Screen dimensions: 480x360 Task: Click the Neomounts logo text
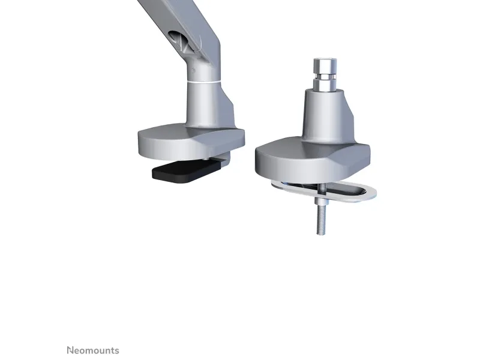(x=93, y=350)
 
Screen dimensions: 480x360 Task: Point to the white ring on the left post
(x=203, y=82)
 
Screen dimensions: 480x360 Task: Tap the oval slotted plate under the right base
(x=324, y=191)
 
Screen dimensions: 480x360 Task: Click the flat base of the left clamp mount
(x=191, y=142)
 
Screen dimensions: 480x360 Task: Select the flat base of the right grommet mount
(x=312, y=162)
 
